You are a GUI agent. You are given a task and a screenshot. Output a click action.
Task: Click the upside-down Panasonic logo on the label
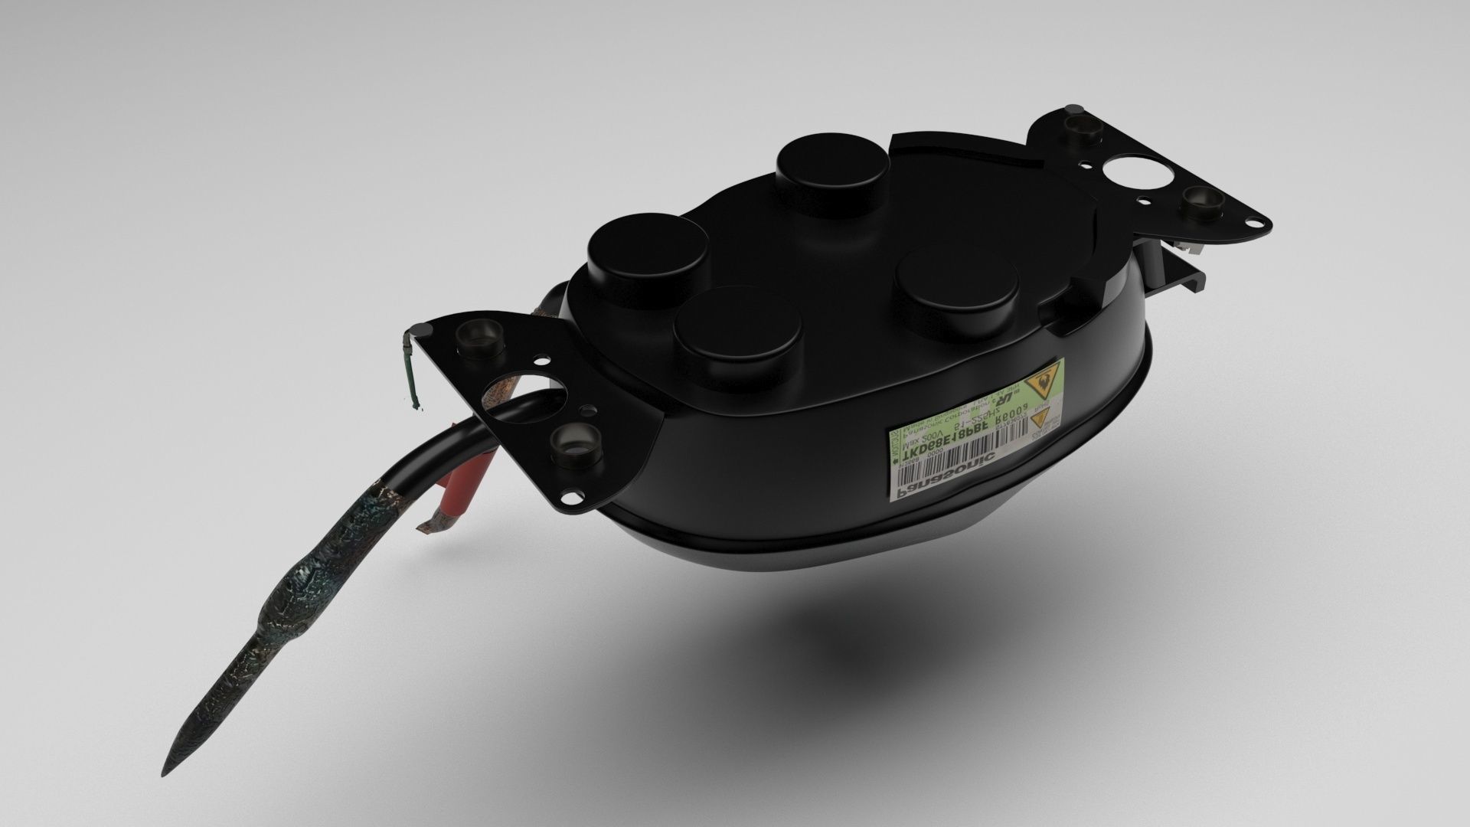[948, 473]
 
